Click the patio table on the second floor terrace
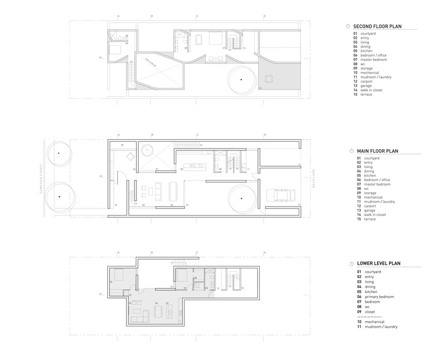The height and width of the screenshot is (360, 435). (x=270, y=77)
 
